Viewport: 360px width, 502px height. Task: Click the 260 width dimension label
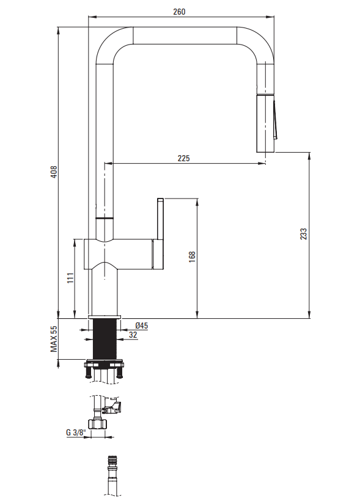tap(179, 12)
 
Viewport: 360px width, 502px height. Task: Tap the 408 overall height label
tap(54, 172)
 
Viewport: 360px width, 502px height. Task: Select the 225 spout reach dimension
tap(183, 158)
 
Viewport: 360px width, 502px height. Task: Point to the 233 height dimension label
tap(303, 234)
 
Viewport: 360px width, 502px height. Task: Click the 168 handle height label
tap(192, 257)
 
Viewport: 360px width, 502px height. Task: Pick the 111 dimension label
tap(70, 278)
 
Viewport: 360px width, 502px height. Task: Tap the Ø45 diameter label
tap(142, 326)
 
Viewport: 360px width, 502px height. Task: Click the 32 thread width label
tap(133, 335)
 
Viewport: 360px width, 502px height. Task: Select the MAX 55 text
tap(54, 339)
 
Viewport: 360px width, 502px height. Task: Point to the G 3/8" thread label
tap(76, 432)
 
